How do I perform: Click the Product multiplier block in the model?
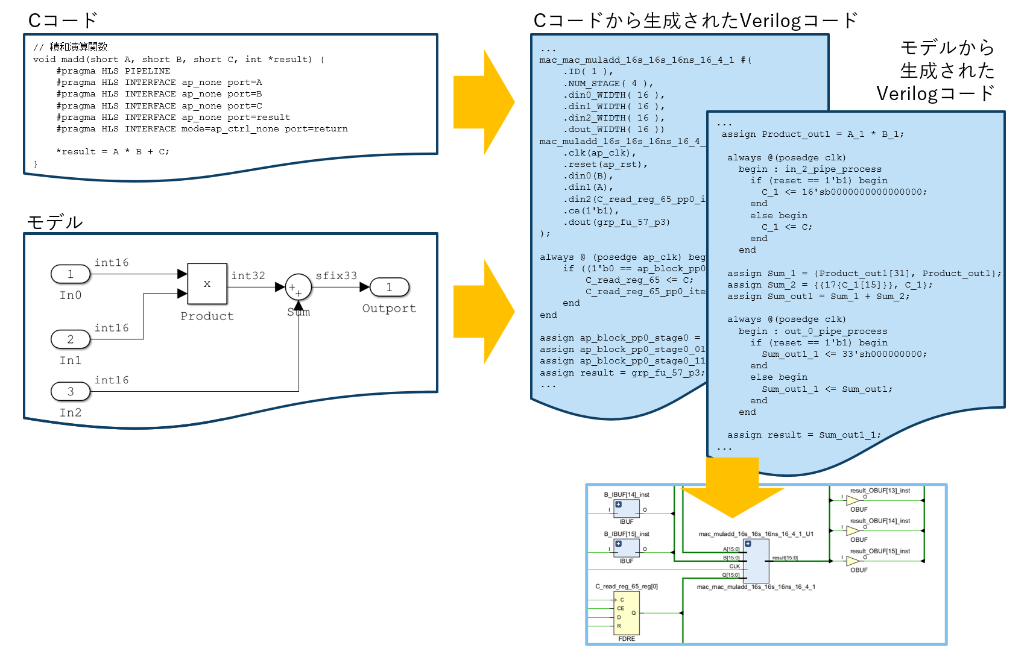click(207, 283)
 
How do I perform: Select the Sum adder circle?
click(298, 288)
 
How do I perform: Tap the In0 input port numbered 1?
click(71, 274)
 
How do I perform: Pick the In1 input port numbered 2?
click(71, 339)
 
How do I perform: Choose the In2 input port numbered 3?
click(71, 392)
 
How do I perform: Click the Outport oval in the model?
click(389, 288)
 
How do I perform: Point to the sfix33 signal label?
click(336, 275)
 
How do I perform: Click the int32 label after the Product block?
click(248, 275)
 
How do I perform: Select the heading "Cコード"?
click(63, 20)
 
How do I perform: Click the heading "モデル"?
click(55, 222)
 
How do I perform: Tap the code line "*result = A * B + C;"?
click(113, 152)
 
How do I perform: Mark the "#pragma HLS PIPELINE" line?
click(113, 71)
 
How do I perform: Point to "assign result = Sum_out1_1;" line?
click(803, 435)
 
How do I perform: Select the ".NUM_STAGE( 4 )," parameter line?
click(608, 84)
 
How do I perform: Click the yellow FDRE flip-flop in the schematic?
click(626, 613)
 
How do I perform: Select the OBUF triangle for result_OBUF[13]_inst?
click(853, 500)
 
